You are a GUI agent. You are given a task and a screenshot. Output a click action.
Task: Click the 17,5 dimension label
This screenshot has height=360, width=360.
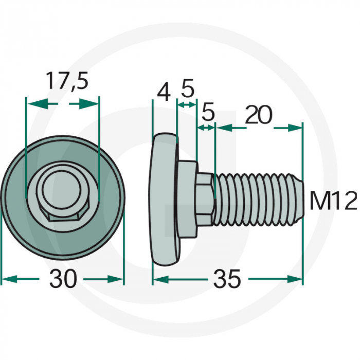point(67,81)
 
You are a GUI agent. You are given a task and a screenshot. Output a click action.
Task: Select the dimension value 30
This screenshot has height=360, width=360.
point(63,279)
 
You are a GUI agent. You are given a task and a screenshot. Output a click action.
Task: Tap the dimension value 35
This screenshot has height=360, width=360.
point(226,279)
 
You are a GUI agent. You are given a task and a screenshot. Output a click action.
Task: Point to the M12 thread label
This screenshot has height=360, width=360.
point(333,201)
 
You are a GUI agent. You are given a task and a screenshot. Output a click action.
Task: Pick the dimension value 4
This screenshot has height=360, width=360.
point(164,93)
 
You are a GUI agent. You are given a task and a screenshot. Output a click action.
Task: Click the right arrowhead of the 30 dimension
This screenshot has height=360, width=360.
point(118,279)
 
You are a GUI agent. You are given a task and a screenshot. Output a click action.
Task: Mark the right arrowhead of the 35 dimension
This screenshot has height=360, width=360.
point(296,279)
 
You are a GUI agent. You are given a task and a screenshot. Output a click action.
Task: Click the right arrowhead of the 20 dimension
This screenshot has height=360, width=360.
point(296,127)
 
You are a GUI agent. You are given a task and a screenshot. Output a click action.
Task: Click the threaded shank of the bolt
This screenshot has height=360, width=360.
point(255,200)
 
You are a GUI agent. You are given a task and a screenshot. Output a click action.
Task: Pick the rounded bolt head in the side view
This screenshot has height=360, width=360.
point(164,198)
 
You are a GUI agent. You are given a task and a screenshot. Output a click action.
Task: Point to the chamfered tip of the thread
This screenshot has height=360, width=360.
point(299,200)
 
